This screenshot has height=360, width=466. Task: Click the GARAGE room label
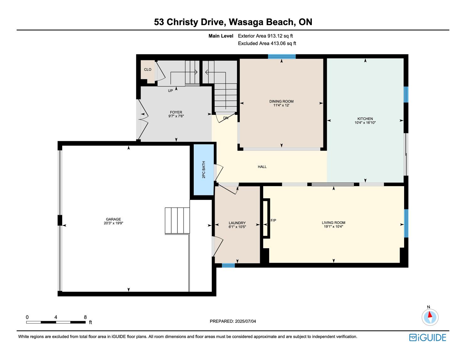point(113,219)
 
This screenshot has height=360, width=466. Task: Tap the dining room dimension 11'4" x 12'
point(281,105)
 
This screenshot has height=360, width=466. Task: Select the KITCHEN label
point(365,119)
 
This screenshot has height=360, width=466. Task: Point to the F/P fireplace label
point(273,220)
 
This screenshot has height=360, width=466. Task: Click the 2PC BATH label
point(204,169)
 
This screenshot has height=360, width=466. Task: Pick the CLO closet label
point(148,69)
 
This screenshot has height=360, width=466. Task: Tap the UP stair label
point(170,91)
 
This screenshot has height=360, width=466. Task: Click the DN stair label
point(225,118)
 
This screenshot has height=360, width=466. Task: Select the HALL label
point(262,167)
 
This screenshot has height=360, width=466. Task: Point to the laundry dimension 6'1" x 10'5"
point(237,227)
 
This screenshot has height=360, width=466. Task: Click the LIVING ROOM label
point(333,223)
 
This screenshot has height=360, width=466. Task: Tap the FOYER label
point(176,112)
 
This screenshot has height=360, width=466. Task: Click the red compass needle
point(430,314)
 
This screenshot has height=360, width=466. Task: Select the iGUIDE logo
point(428,337)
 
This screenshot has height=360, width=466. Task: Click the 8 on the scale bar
point(85,317)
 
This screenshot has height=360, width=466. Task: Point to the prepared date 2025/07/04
point(246,321)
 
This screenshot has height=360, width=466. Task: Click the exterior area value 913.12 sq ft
point(280,36)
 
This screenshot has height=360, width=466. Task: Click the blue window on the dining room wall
point(282,56)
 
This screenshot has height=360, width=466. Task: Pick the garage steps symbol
point(177,221)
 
